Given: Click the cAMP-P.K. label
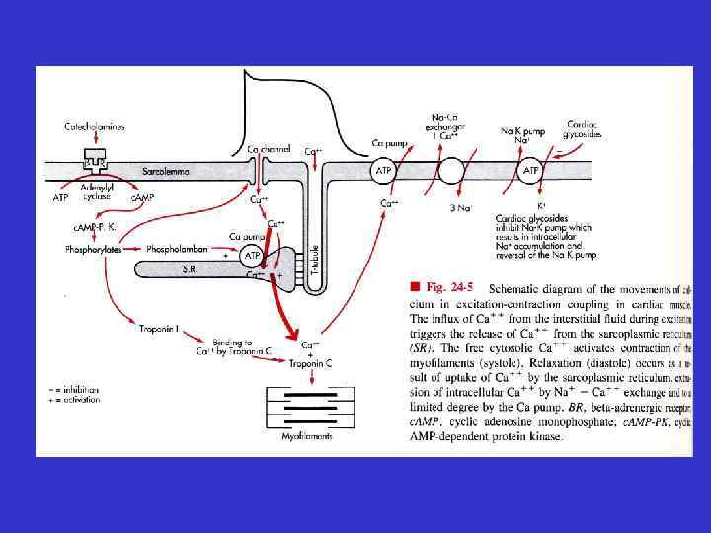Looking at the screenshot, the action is click(95, 226).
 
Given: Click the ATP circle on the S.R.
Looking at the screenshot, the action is click(252, 256).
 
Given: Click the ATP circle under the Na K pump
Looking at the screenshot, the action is click(531, 171).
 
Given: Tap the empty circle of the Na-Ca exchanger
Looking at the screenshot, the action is click(451, 171).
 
